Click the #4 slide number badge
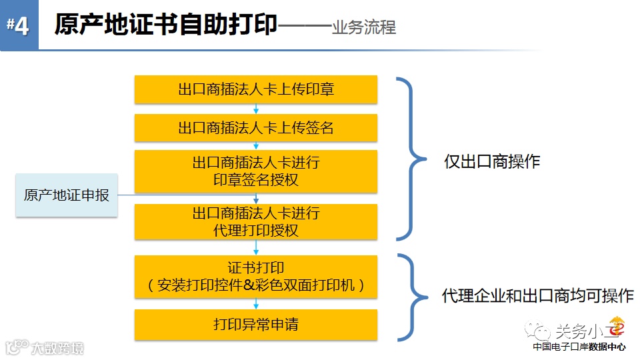(x=18, y=25)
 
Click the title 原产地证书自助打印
(x=165, y=25)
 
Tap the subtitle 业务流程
(x=363, y=27)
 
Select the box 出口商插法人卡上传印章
(x=256, y=89)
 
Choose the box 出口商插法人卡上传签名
(x=256, y=128)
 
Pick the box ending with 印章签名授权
(x=256, y=171)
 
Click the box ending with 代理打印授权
(x=256, y=222)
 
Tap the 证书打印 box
(x=256, y=277)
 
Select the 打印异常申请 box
(x=256, y=325)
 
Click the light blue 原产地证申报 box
(x=67, y=195)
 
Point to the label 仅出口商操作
(x=492, y=162)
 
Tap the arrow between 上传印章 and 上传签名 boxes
(x=256, y=109)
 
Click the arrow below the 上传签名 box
(x=256, y=145)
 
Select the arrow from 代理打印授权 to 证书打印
(x=256, y=247)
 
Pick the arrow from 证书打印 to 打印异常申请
(x=256, y=304)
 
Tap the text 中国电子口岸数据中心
(x=579, y=347)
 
